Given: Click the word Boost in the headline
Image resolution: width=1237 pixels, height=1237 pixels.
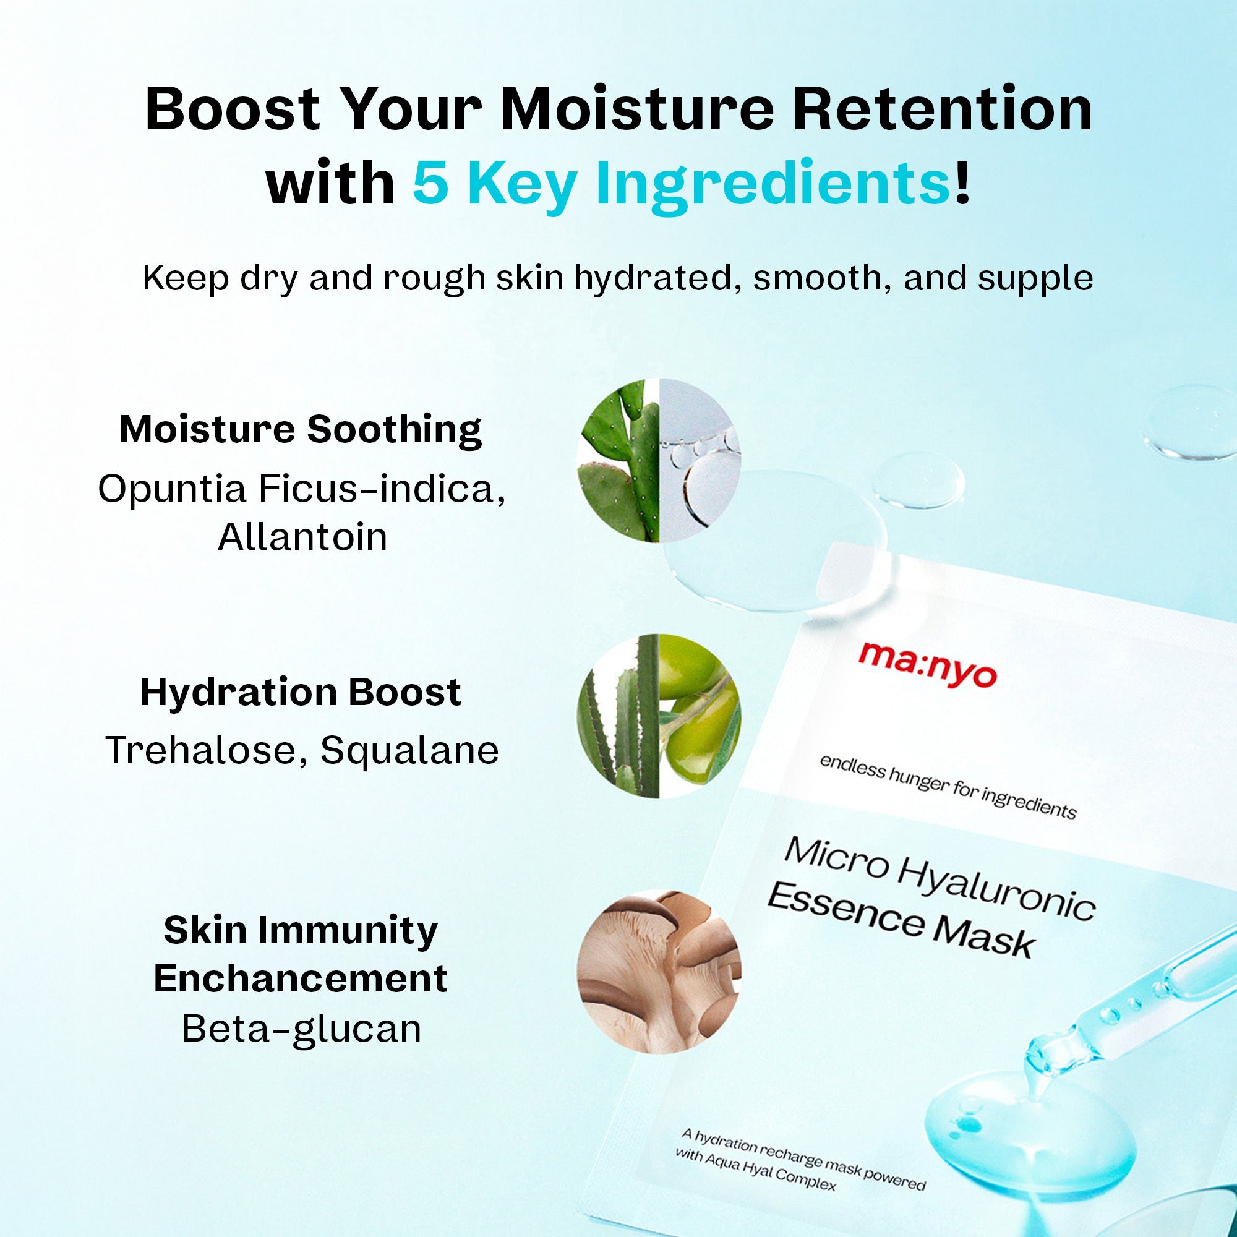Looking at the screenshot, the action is click(233, 109).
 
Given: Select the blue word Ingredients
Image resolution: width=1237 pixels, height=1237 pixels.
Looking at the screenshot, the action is click(773, 186).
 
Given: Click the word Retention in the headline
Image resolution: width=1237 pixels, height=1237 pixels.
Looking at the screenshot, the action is click(943, 109).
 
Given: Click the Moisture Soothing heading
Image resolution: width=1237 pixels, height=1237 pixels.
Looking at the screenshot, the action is click(301, 429).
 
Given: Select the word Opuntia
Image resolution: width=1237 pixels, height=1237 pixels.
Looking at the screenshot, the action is click(172, 490).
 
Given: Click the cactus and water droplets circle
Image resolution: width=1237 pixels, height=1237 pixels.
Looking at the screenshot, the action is click(659, 461).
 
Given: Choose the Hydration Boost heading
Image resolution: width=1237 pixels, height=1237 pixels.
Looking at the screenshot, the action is click(301, 692).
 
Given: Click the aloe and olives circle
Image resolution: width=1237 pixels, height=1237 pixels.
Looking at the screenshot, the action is click(659, 716).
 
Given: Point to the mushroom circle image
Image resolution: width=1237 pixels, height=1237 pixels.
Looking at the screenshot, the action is click(659, 971).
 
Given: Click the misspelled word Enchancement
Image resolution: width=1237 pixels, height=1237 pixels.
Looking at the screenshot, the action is click(301, 978).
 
